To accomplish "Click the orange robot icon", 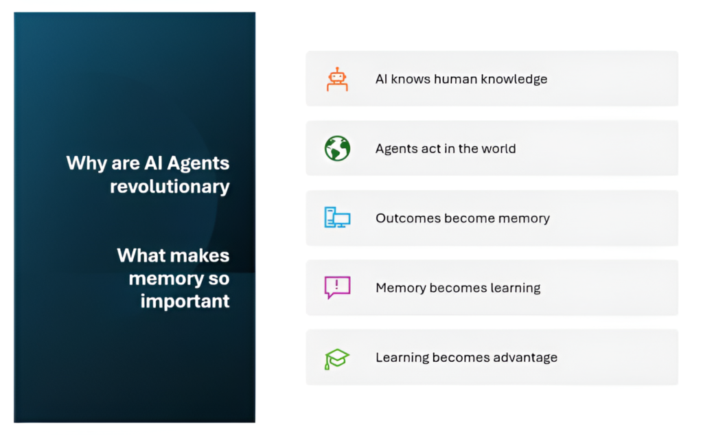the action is pos(337,80).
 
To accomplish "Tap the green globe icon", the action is pos(337,148).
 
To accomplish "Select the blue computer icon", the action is pos(337,218).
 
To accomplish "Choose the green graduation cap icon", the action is pos(336,359).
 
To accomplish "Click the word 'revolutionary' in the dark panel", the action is pos(170,186).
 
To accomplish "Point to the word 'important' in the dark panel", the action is pos(185,301).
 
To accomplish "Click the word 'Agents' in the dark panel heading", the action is pos(198,163).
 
